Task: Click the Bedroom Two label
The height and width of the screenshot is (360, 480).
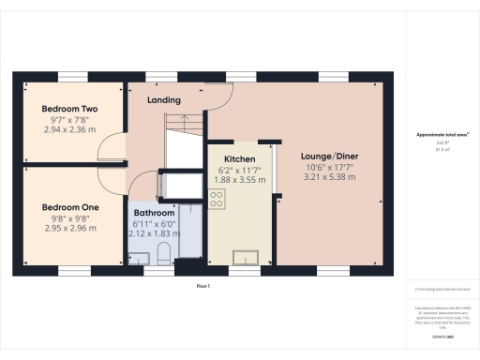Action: coord(63,110)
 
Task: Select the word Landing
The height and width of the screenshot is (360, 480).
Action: coord(165,100)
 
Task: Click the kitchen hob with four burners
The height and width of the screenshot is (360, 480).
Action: coord(217,198)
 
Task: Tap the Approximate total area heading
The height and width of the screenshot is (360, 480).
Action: coord(441,135)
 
